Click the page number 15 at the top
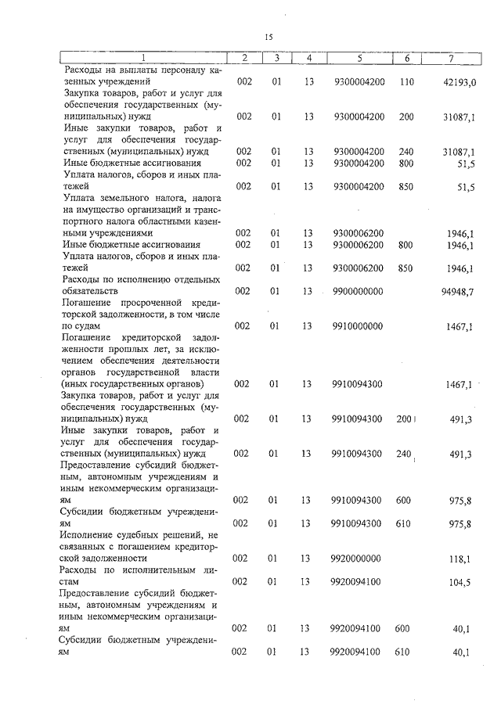coord(267,36)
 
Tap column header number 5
coord(359,58)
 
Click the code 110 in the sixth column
coord(406,81)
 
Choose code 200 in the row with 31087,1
coord(406,117)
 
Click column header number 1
coord(143,58)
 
